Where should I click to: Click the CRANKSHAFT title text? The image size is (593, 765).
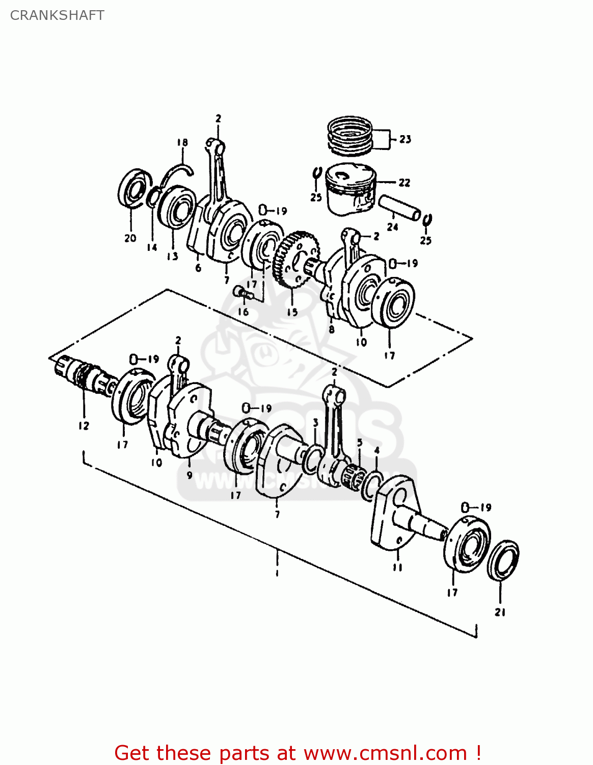(x=57, y=15)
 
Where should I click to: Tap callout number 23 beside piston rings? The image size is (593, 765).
(x=405, y=139)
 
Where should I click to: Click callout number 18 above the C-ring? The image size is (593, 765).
(x=182, y=143)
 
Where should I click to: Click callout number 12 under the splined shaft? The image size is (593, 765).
(x=84, y=426)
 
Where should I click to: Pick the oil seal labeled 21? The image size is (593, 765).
(x=502, y=560)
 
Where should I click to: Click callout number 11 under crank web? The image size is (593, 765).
(x=397, y=567)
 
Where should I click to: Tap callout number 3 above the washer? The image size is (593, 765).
(x=315, y=423)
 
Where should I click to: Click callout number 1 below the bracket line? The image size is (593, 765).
(x=277, y=574)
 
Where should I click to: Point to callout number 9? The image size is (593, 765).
(x=189, y=475)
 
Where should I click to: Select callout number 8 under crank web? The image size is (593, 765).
(x=332, y=329)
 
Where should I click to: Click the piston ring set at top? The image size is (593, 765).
(x=349, y=135)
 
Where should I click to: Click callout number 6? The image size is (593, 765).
(x=198, y=268)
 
